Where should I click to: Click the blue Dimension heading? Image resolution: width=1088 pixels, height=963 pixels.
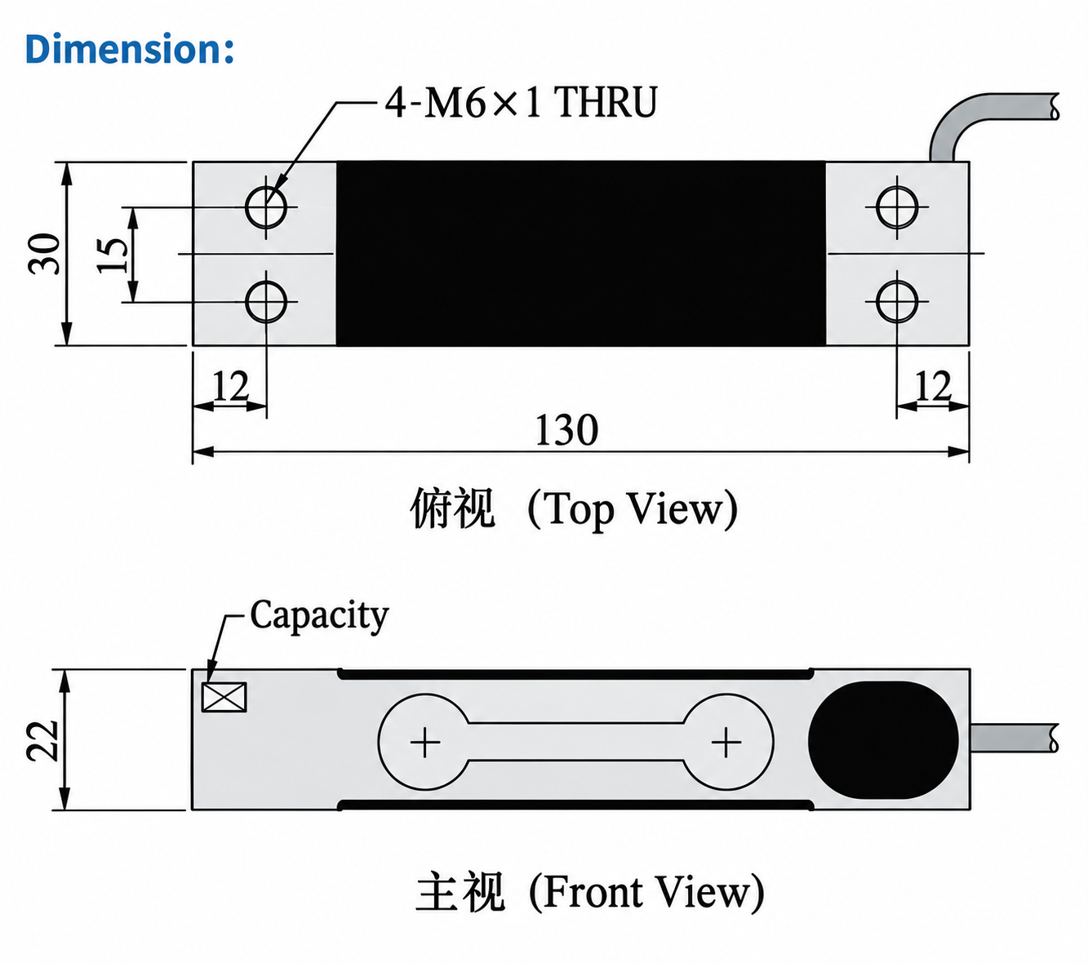(x=130, y=48)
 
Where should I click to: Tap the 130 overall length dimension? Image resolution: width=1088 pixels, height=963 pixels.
(x=566, y=429)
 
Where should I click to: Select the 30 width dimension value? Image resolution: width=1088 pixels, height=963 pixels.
(x=44, y=254)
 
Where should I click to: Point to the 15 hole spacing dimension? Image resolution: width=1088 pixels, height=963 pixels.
(x=113, y=255)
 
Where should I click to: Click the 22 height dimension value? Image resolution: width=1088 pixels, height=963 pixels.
(x=42, y=741)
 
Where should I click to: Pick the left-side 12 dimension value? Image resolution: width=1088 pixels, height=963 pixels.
(x=231, y=385)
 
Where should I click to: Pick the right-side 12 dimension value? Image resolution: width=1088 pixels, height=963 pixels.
(x=934, y=385)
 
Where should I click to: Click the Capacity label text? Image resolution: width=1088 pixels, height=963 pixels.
(x=319, y=616)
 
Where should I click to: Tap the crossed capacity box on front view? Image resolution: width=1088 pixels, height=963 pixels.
(x=224, y=697)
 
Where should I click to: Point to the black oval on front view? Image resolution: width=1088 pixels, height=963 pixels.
(x=883, y=741)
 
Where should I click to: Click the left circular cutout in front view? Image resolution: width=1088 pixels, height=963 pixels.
(x=380, y=742)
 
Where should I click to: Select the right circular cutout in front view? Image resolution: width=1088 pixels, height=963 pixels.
(x=773, y=742)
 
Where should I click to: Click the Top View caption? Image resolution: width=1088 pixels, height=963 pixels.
(x=574, y=509)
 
